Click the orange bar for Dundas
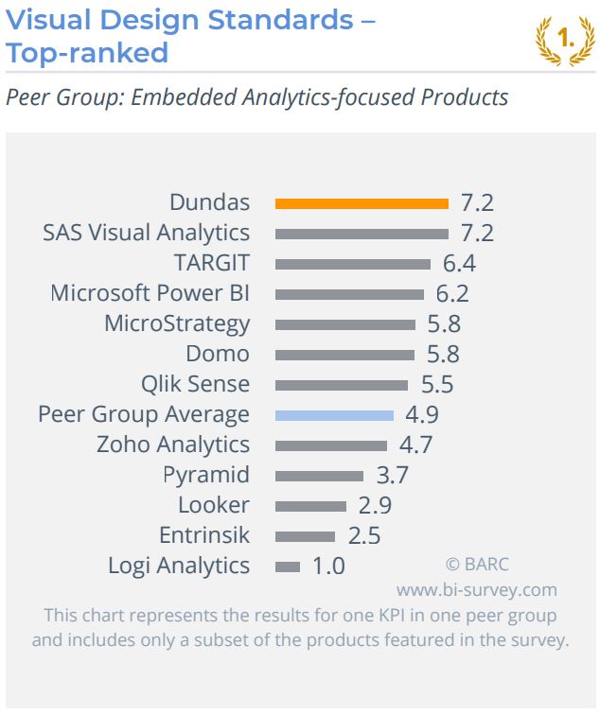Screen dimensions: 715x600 [x=361, y=202]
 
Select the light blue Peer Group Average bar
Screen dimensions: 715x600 [x=334, y=414]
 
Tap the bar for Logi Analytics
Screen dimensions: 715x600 [x=288, y=567]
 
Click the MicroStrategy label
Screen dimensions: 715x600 [x=177, y=323]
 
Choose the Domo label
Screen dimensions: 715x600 [x=218, y=354]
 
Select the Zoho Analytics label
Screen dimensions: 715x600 [x=173, y=445]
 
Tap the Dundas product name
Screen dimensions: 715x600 [x=209, y=202]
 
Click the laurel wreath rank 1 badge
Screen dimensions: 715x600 [x=565, y=40]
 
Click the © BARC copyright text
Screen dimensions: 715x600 [x=477, y=565]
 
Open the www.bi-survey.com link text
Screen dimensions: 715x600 [x=476, y=590]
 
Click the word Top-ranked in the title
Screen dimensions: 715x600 [x=87, y=52]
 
